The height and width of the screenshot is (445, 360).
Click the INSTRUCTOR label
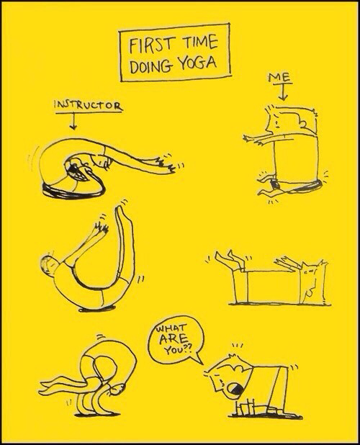89,105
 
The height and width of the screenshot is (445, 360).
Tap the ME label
279,77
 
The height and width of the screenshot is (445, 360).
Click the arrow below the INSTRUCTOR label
73,121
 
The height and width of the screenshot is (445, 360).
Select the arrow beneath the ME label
282,91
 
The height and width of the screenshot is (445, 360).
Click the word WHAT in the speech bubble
171,330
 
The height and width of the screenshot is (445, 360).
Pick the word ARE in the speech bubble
174,339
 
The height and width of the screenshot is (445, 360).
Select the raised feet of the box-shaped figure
230,259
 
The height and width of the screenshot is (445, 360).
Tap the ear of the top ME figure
303,124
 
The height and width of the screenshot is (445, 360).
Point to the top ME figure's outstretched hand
251,139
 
